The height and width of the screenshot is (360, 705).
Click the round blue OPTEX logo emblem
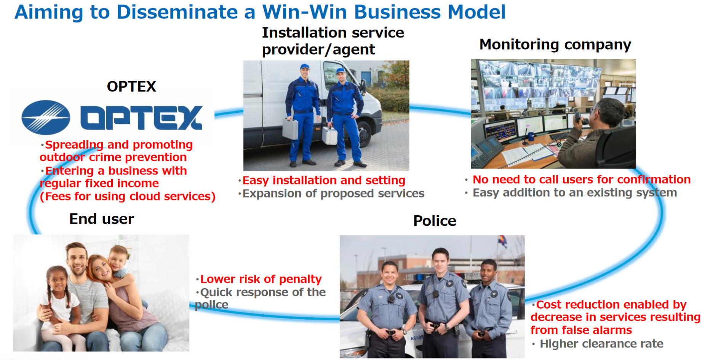pos(46,117)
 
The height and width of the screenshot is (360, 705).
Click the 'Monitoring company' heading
pos(555,45)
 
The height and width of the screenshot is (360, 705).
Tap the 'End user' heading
pos(102,219)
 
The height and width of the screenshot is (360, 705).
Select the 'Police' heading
pos(435,221)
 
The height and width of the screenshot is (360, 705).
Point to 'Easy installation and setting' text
pos(324,180)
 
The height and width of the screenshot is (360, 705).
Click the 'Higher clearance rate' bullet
pos(601,344)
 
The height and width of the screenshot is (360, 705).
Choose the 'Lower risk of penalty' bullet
pos(261,279)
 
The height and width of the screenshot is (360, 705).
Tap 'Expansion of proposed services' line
pos(333,194)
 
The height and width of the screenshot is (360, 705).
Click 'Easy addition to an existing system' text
pos(575,193)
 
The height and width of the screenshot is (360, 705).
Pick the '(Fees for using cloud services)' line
pos(128,197)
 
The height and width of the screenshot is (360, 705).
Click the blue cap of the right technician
pos(341,71)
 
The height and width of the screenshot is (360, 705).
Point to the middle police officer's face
pos(440,262)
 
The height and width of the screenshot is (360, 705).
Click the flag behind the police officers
pos(503,242)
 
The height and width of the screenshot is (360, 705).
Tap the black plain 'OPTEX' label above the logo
pos(131,86)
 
